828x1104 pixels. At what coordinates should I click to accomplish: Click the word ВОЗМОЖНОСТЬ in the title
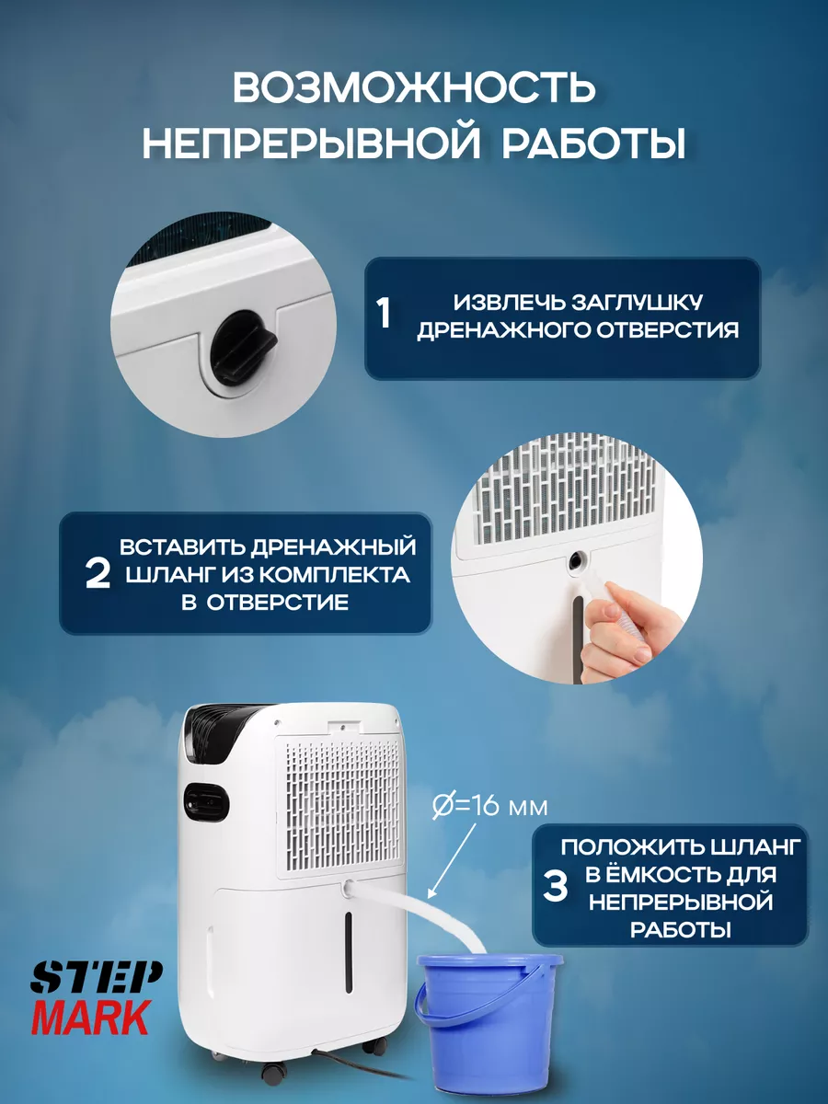pos(414,87)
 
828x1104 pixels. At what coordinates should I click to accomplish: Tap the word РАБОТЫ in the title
pos(593,143)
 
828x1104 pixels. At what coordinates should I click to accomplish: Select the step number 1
pos(385,314)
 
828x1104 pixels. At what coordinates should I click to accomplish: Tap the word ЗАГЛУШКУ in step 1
pos(637,303)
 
